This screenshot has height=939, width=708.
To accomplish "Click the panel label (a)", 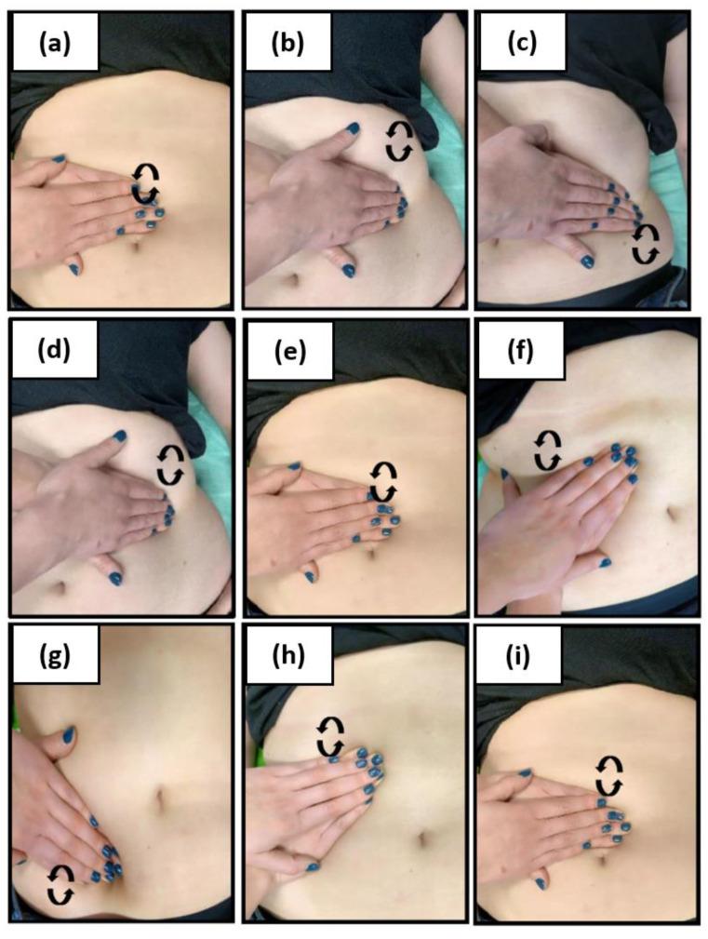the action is [x=55, y=45].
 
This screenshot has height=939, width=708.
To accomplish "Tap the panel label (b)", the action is [x=287, y=45].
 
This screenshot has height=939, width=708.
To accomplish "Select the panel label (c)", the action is [x=521, y=45].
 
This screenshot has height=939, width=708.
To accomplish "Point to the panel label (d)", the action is [x=54, y=351].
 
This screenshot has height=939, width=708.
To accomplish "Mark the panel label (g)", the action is [x=55, y=656].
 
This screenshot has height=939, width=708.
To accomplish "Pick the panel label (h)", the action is [x=288, y=656].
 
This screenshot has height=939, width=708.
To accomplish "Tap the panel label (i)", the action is [x=518, y=657].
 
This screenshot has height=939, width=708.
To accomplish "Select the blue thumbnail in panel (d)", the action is [x=120, y=436].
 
